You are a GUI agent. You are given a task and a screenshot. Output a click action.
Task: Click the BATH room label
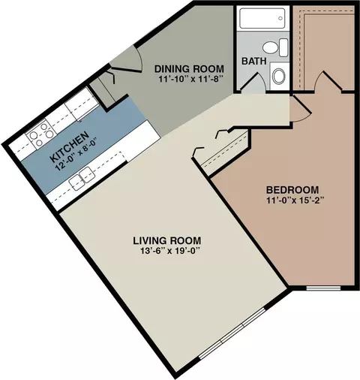(x=253, y=61)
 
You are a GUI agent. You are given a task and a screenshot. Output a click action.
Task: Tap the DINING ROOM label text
(x=189, y=68)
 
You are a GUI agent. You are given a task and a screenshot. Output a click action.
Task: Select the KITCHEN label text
(x=70, y=146)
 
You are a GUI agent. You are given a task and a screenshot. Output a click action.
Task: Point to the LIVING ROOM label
(x=166, y=240)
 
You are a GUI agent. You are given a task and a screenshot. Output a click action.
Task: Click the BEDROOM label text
(x=292, y=190)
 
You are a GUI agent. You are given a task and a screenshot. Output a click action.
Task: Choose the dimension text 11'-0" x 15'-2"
(x=295, y=201)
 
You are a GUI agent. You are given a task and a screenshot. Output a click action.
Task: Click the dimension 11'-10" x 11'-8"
(x=190, y=79)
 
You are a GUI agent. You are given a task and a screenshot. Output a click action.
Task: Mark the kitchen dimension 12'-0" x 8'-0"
(x=76, y=155)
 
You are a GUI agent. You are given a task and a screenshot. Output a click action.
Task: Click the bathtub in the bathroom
(x=262, y=18)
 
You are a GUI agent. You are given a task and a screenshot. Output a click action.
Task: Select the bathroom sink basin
(x=279, y=76)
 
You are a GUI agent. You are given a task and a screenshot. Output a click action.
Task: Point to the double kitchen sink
(x=82, y=177)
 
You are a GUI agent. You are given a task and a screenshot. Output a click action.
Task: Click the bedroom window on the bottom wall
(x=323, y=288)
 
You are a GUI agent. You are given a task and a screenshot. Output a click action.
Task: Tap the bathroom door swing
(x=253, y=81)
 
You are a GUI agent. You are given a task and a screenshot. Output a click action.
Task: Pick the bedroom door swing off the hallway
(x=301, y=110)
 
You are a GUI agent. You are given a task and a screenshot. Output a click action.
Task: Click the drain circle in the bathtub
(x=280, y=18)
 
